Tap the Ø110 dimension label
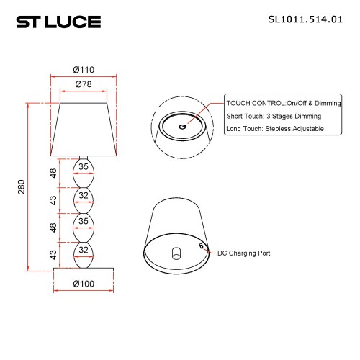click(84, 70)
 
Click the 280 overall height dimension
click(21, 187)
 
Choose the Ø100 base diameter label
click(84, 283)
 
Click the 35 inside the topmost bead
click(84, 167)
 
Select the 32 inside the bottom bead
click(84, 251)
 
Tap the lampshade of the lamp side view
click(84, 130)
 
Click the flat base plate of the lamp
click(84, 269)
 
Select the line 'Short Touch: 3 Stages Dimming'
click(273, 116)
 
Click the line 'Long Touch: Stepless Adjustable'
click(274, 129)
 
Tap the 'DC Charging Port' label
click(245, 253)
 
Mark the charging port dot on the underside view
click(201, 244)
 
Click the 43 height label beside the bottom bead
click(53, 254)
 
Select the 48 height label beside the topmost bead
click(53, 173)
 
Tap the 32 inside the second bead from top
click(84, 195)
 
